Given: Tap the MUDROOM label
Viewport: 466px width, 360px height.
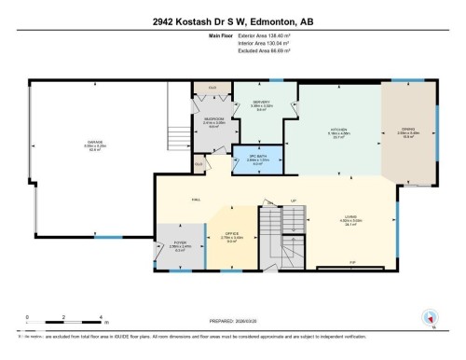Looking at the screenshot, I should (213, 119).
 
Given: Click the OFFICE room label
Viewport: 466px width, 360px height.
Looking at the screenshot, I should (230, 233).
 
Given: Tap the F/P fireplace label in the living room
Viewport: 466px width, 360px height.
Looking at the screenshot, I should (352, 262).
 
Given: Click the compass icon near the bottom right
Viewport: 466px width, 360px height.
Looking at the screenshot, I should (432, 316).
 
